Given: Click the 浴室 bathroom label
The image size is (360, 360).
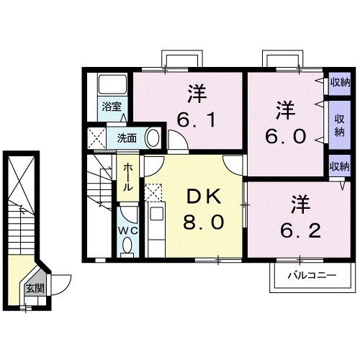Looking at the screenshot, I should click(112, 107).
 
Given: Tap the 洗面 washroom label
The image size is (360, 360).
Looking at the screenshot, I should click(127, 138).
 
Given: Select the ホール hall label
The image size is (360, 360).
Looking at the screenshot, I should click(127, 176).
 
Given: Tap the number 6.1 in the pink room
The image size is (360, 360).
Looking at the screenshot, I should click(194, 120).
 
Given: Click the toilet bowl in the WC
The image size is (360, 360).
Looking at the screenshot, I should click(127, 247).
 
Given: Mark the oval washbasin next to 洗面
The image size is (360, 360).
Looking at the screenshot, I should click(152, 136).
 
